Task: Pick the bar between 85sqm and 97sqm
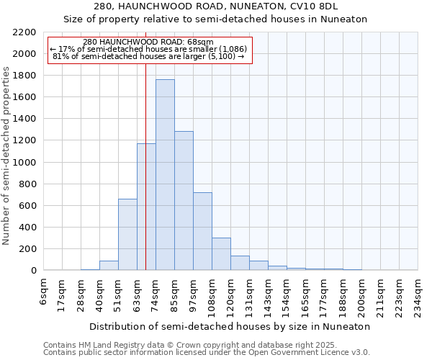(x=184, y=201)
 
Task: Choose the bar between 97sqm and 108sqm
(x=202, y=231)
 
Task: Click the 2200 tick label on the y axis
(x=24, y=32)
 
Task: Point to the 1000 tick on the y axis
(x=24, y=163)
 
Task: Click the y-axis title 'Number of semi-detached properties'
(x=6, y=156)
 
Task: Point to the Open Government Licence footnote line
(x=207, y=352)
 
